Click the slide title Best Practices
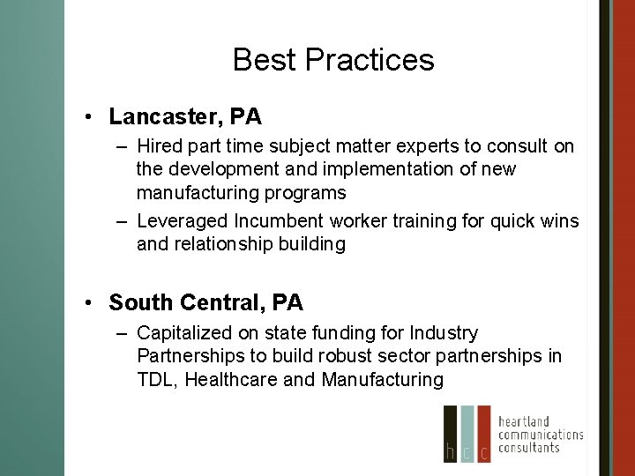click(x=333, y=60)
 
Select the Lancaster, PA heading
click(x=185, y=116)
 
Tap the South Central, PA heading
click(x=205, y=303)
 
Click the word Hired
click(x=159, y=145)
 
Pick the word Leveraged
click(x=183, y=220)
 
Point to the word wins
click(x=560, y=220)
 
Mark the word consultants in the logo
click(x=529, y=447)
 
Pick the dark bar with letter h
click(x=451, y=434)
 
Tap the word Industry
click(x=444, y=333)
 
